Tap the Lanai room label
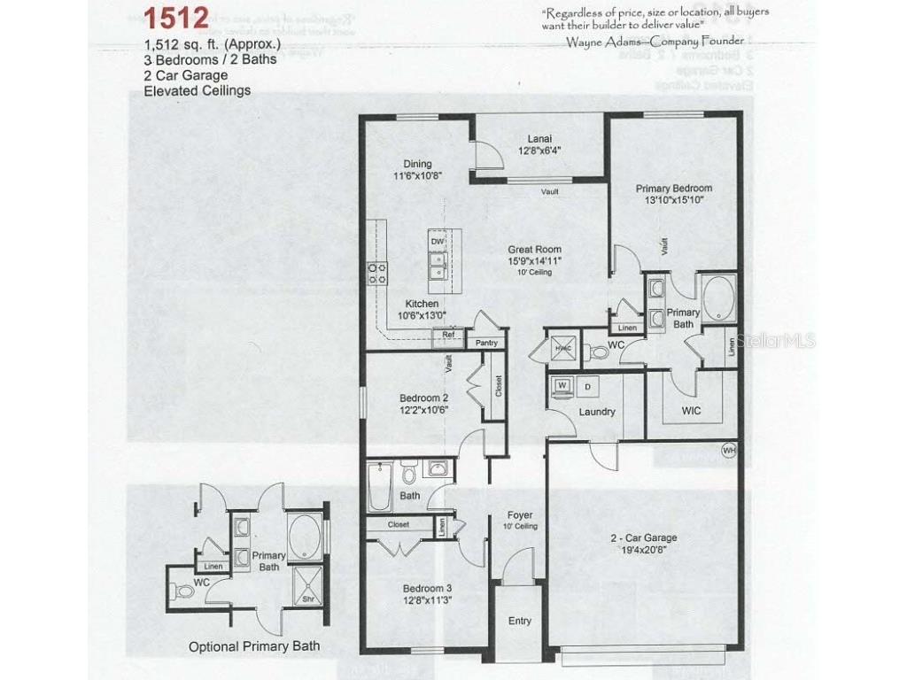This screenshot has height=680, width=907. pos(539,138)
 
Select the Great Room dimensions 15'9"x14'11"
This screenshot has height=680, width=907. pos(534,261)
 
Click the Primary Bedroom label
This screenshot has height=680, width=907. pos(673,188)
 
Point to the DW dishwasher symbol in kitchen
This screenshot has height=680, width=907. pos(437,241)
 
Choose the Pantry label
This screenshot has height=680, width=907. pos(486,343)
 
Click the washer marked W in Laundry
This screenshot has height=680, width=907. pos(562,385)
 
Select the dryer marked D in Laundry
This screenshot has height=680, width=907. pos(587,386)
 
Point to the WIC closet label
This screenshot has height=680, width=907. pos(692,412)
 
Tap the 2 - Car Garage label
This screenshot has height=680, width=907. pos(644,537)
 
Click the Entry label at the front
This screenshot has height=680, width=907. pos(519,621)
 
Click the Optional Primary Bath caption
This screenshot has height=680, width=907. pos(254,646)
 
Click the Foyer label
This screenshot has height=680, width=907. pos(519,514)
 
